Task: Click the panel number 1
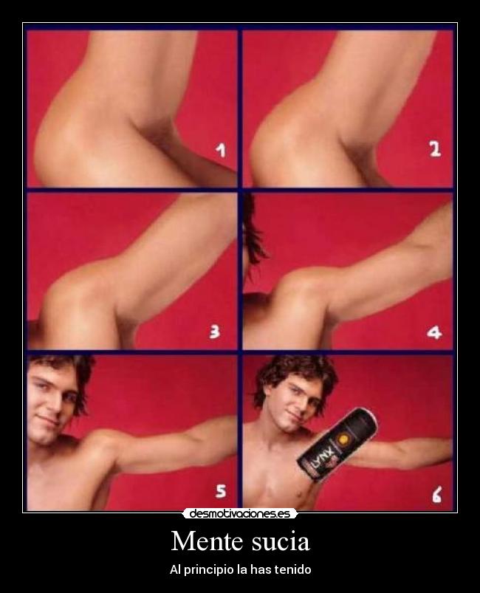(x=221, y=150)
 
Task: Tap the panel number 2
(x=435, y=149)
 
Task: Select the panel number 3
(x=214, y=332)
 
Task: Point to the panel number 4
(x=434, y=332)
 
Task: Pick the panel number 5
(x=221, y=490)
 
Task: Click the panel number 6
(x=436, y=495)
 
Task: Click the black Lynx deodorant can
(x=337, y=445)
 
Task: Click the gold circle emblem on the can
(x=345, y=439)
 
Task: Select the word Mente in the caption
(x=207, y=541)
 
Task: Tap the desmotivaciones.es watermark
(x=240, y=513)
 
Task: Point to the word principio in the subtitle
(x=207, y=569)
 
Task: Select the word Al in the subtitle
(x=174, y=569)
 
